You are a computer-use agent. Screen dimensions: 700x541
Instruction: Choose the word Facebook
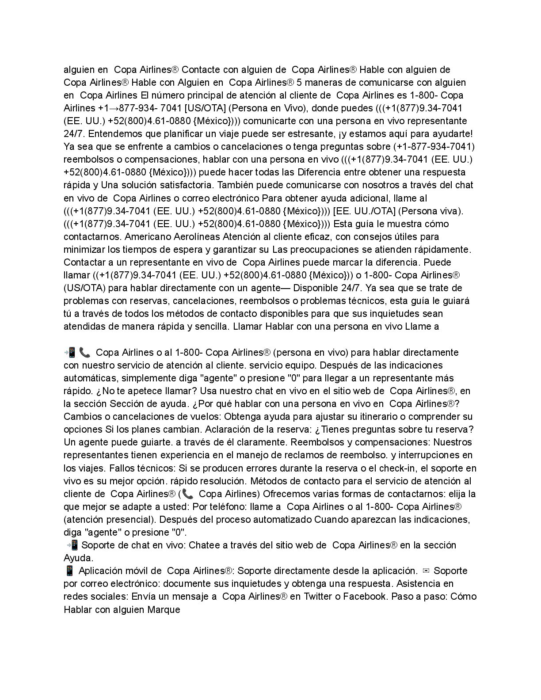click(365, 597)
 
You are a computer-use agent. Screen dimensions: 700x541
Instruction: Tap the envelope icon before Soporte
click(426, 571)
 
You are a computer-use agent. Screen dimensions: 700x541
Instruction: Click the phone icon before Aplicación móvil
click(69, 571)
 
